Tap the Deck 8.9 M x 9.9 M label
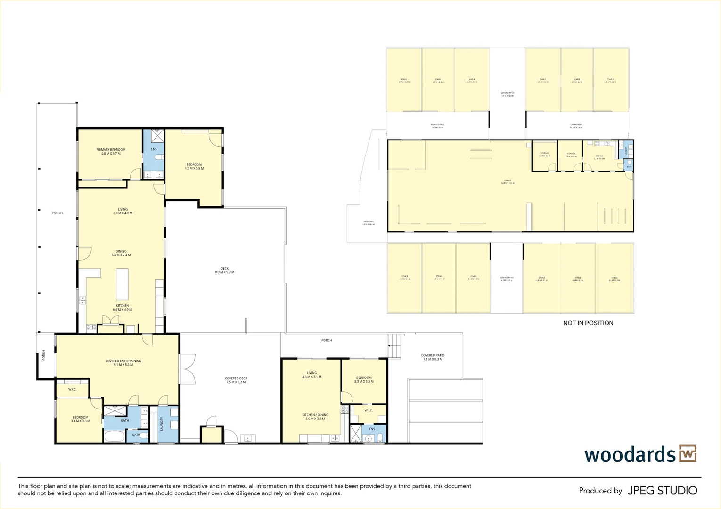pyautogui.click(x=224, y=271)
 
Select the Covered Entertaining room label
pyautogui.click(x=123, y=363)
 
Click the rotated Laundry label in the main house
pyautogui.click(x=162, y=424)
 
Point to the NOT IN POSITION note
pyautogui.click(x=588, y=323)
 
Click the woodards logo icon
pyautogui.click(x=688, y=453)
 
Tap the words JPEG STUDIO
pyautogui.click(x=662, y=491)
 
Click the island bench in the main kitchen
pyautogui.click(x=122, y=284)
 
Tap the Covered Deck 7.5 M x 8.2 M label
pyautogui.click(x=236, y=380)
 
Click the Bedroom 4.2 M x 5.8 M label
pyautogui.click(x=194, y=166)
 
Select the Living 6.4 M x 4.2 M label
pyautogui.click(x=123, y=211)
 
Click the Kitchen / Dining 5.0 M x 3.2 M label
pyautogui.click(x=315, y=417)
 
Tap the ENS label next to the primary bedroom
pyautogui.click(x=154, y=149)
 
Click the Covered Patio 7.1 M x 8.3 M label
pyautogui.click(x=433, y=357)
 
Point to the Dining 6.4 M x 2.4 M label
pyautogui.click(x=121, y=253)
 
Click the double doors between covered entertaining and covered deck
pyautogui.click(x=187, y=369)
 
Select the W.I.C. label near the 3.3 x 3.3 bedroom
pyautogui.click(x=369, y=410)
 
